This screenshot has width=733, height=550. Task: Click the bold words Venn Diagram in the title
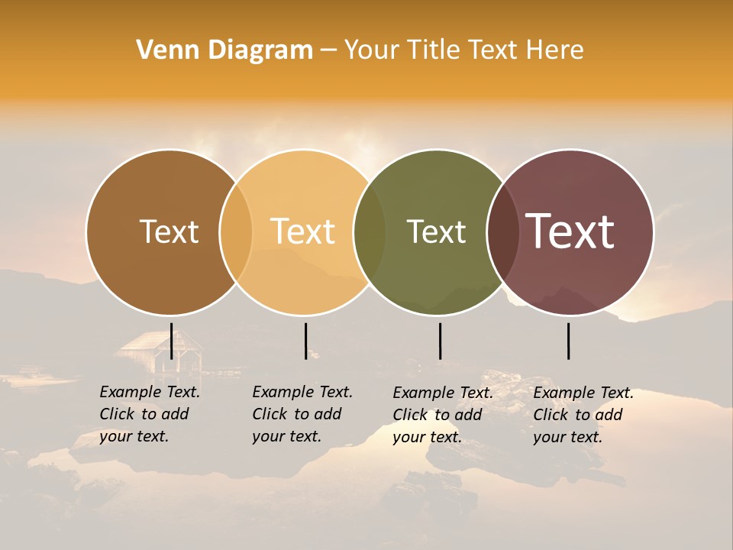224,50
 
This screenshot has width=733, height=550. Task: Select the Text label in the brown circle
169,231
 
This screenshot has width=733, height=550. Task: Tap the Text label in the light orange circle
303,231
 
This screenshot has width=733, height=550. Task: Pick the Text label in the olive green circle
436,231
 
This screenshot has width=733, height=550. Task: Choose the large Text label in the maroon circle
570,231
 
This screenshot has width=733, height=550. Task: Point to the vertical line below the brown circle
172,341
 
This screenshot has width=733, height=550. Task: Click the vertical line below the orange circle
305,341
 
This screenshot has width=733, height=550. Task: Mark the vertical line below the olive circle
440,341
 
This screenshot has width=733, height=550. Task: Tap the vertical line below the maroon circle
569,341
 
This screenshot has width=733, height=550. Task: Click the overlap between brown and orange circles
236,231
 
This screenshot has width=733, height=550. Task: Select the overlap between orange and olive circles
370,231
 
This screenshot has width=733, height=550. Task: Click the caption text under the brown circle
149,414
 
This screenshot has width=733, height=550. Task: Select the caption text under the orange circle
302,414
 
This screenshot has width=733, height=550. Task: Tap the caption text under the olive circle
442,415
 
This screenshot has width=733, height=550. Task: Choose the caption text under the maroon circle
583,415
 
